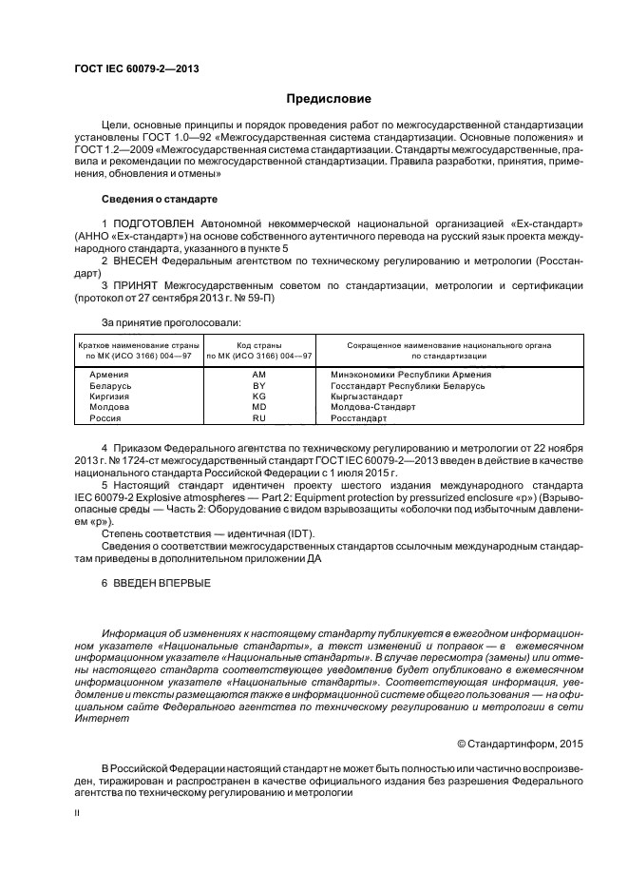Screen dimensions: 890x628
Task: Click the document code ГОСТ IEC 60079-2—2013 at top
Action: pos(136,69)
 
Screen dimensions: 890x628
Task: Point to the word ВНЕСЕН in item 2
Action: pos(137,259)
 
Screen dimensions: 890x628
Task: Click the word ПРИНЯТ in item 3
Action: pos(136,284)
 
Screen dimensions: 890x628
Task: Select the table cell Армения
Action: pos(108,375)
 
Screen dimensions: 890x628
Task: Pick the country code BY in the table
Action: pos(259,386)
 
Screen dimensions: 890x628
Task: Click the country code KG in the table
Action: pos(259,397)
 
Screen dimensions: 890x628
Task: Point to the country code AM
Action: pos(259,375)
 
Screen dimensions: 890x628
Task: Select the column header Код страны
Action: pos(259,345)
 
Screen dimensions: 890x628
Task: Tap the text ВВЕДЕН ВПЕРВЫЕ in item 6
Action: pos(162,582)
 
